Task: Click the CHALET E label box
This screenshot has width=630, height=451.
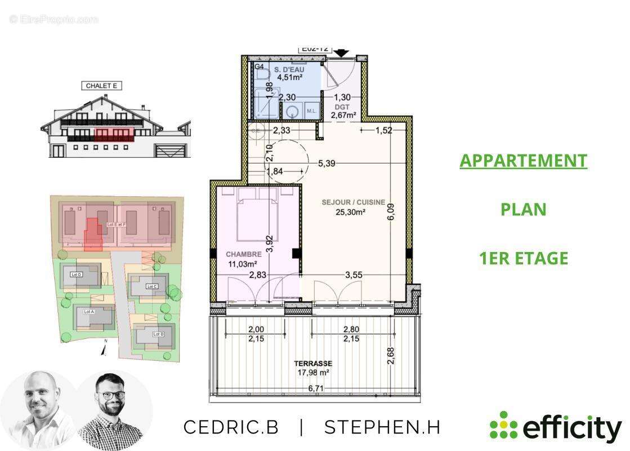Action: (x=102, y=86)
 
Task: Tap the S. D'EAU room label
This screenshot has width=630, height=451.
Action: (x=289, y=69)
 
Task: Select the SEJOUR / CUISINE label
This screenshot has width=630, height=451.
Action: (x=353, y=202)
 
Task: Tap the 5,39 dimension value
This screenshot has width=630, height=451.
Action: (x=327, y=163)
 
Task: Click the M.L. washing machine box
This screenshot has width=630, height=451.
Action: (x=311, y=112)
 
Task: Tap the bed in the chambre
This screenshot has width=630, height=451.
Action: (x=257, y=217)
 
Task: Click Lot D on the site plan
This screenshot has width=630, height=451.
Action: (x=77, y=275)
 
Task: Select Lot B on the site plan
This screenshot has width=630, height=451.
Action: (x=158, y=334)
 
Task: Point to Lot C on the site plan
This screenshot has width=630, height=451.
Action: (x=151, y=286)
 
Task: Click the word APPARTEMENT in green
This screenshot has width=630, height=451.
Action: (x=523, y=161)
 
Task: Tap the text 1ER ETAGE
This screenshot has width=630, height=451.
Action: (x=523, y=258)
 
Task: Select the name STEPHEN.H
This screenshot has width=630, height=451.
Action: (x=382, y=427)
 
